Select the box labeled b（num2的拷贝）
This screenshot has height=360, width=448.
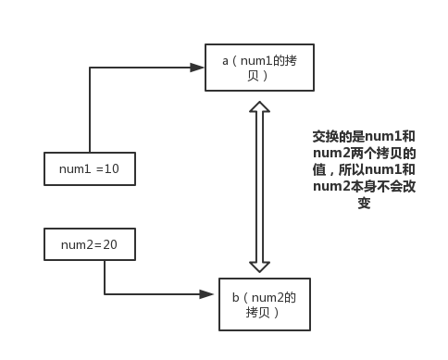[263, 304]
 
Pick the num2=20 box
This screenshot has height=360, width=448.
[90, 244]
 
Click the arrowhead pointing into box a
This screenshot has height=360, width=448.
[197, 67]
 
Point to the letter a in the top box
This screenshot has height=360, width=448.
[225, 60]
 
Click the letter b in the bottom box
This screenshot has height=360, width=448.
[235, 297]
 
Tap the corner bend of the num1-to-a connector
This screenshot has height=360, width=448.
[90, 68]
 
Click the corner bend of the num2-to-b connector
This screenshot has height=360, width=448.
[105, 294]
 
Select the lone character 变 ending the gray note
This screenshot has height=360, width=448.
[364, 204]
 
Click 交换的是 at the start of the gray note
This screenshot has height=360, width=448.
[332, 136]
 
